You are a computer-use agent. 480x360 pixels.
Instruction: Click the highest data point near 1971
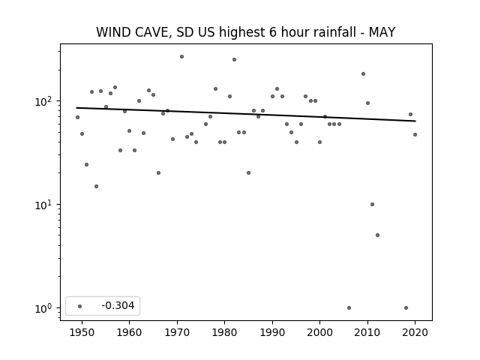(181, 57)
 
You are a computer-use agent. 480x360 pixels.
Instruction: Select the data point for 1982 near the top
(234, 60)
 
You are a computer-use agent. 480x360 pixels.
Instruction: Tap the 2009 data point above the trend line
(363, 73)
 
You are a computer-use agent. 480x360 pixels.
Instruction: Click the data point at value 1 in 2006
(349, 308)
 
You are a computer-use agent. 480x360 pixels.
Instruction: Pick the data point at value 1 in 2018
(406, 308)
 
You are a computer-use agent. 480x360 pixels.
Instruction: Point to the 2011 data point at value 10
(372, 205)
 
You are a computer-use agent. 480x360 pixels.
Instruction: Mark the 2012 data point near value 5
(377, 235)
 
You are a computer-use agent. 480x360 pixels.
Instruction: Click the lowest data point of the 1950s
(97, 187)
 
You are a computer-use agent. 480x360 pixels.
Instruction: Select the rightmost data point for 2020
(415, 135)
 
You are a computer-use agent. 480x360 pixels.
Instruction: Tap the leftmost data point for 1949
(77, 118)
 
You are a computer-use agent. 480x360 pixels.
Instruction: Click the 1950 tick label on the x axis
(82, 332)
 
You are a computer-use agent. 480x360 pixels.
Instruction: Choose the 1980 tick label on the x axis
(224, 332)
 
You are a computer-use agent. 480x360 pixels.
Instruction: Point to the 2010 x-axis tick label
(367, 332)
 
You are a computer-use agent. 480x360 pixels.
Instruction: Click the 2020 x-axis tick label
(415, 332)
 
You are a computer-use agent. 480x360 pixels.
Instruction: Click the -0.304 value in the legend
(118, 305)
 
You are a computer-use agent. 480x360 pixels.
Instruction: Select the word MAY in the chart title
(382, 32)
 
